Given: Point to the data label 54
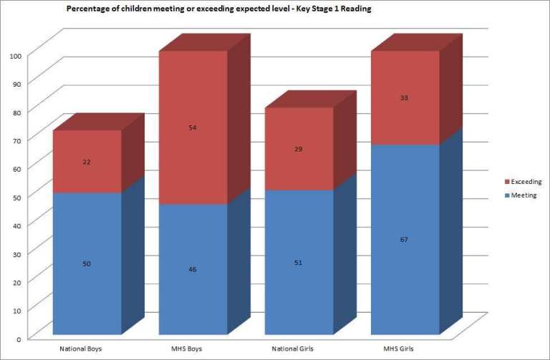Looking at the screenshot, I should [x=193, y=127].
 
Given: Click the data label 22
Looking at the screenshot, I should [x=87, y=162].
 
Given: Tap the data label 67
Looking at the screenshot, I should [x=405, y=239].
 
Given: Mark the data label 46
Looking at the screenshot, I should [x=193, y=269].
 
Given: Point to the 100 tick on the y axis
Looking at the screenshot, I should [x=16, y=55].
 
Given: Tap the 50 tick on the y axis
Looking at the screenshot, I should [x=16, y=196].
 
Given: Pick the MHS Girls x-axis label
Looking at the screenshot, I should [x=403, y=349].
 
